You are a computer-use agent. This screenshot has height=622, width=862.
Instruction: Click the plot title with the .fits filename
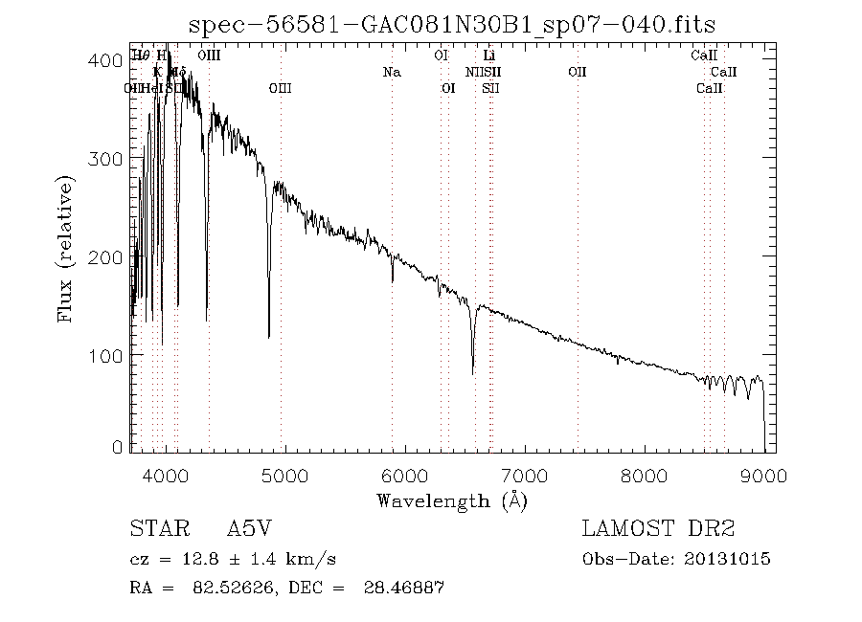click(452, 24)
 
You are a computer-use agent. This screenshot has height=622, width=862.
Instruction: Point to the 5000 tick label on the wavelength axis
click(285, 476)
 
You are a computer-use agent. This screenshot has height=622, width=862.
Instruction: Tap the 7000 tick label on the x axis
click(525, 476)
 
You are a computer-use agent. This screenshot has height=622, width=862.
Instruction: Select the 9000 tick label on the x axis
click(763, 476)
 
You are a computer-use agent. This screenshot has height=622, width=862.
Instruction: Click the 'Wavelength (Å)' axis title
click(452, 500)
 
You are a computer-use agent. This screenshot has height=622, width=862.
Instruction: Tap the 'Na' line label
click(391, 72)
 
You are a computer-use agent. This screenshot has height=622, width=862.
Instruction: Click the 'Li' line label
click(488, 56)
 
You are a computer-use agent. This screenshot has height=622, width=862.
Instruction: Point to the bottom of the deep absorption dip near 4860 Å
click(268, 336)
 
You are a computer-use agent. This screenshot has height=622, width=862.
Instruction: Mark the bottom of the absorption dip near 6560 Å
click(472, 372)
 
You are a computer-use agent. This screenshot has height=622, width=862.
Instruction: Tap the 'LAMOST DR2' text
click(658, 529)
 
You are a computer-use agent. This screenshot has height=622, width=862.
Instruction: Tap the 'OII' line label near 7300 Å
click(577, 72)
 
